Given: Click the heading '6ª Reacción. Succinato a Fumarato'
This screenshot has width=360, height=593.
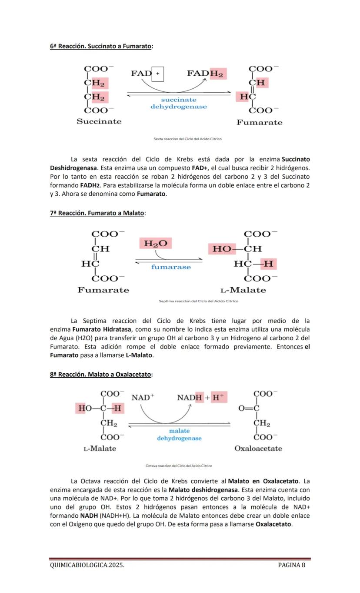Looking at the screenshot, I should click(101, 46).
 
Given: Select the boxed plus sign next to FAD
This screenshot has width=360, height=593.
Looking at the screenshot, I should click(158, 74).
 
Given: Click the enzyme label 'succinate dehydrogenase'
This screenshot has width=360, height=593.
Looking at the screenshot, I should click(179, 103).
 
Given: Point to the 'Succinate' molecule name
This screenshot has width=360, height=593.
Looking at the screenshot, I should click(99, 121).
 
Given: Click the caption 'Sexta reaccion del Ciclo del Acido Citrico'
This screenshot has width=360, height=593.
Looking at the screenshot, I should click(187, 139).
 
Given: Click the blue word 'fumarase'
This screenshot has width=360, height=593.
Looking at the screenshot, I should click(171, 267).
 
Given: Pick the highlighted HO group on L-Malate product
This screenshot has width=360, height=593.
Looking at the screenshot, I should click(221, 249).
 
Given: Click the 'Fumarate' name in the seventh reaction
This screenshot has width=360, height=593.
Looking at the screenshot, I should click(103, 290).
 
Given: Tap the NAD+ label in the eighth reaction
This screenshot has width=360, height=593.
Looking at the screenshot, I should click(143, 397).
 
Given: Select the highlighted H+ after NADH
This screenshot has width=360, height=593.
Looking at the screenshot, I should click(219, 397).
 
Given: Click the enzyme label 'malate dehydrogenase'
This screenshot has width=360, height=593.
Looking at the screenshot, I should click(179, 435).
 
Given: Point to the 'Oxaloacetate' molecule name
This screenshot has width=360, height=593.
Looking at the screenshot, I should click(258, 449).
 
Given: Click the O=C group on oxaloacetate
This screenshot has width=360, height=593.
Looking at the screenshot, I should click(249, 408).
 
